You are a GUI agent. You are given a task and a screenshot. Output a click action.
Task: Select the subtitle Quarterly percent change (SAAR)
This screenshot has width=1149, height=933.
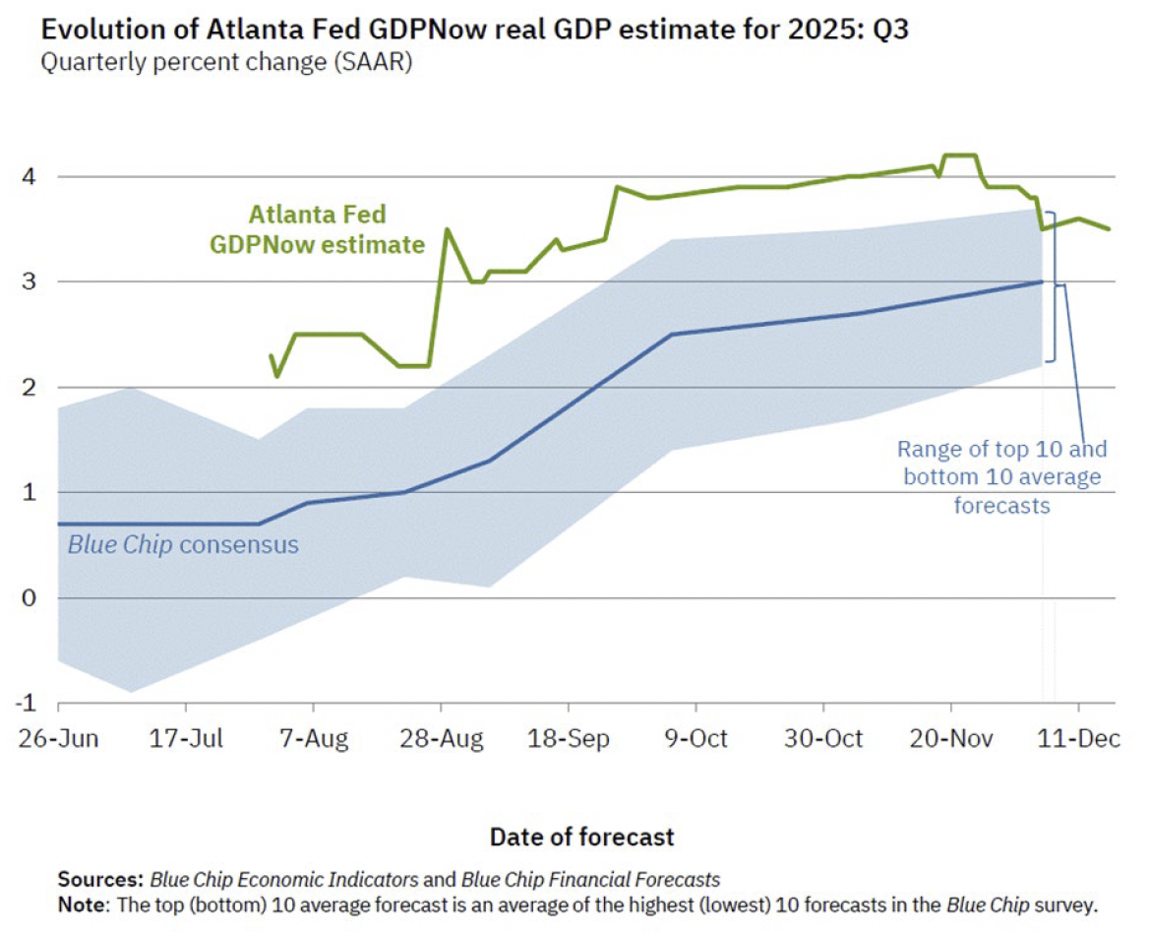[225, 63]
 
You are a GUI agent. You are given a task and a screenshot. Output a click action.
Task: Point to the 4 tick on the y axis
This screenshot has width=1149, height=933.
[30, 177]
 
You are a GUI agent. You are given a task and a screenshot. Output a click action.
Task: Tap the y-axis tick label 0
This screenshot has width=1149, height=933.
[30, 597]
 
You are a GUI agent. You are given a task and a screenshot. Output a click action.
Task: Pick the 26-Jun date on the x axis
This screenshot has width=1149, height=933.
[59, 738]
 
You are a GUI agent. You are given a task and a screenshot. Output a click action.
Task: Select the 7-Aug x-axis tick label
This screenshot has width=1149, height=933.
[314, 738]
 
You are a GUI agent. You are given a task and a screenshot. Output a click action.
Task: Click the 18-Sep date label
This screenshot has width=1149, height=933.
[569, 738]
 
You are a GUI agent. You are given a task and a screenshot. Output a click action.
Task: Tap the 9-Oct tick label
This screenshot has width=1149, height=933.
[696, 738]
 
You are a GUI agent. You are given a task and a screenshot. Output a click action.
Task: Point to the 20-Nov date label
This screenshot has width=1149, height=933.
[951, 738]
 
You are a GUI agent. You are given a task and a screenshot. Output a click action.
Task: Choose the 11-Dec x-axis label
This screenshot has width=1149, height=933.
[1079, 738]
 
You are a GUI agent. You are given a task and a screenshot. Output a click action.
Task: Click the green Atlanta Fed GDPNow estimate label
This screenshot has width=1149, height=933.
[317, 228]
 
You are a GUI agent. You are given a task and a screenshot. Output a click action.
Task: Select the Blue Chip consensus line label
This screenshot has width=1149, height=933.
[183, 544]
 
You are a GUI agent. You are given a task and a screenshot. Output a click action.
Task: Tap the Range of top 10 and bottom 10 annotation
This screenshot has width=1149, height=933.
[1001, 477]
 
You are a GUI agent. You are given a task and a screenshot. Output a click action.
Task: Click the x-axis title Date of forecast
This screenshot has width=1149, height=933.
[582, 837]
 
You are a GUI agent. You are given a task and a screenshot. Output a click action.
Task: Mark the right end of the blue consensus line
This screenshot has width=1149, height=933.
[1042, 281]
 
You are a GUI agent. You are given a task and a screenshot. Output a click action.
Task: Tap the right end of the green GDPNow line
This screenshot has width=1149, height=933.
[1110, 229]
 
